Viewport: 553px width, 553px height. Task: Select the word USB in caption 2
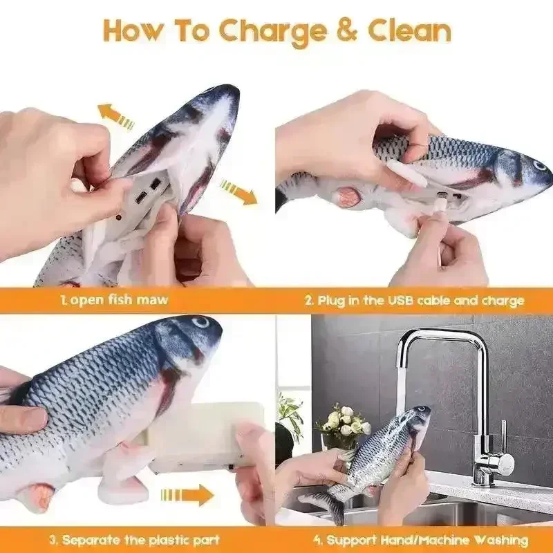click(398, 301)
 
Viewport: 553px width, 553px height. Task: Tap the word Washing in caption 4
click(493, 540)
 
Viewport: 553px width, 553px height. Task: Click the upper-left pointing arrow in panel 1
click(115, 115)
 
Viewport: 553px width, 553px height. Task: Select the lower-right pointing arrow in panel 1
click(238, 191)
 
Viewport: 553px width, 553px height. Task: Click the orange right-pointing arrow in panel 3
click(187, 495)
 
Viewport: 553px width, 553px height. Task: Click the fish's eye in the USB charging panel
click(539, 166)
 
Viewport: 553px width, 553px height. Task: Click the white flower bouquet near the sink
click(344, 422)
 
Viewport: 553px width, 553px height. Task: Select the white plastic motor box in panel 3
click(207, 435)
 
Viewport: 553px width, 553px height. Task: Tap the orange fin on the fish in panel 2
click(347, 196)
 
